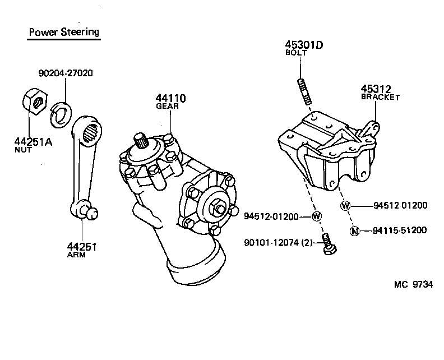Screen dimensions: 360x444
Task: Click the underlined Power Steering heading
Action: pos(63,31)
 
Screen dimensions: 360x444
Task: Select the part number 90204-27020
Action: pos(66,73)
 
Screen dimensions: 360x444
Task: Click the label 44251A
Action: pos(33,142)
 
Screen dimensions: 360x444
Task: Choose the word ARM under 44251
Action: pos(76,255)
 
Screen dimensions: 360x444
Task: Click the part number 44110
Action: pos(170,99)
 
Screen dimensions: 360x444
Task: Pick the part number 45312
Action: pos(376,89)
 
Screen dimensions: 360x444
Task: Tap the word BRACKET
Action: pos(380,97)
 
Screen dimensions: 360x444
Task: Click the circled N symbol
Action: pos(354,230)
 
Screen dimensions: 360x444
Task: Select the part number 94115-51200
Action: pos(400,230)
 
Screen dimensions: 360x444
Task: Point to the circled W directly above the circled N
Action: pos(345,206)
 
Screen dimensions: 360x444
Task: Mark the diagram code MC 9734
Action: pos(413,285)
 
